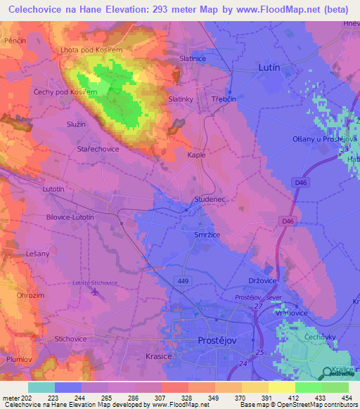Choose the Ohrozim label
pyautogui.click(x=30, y=295)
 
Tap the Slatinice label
pyautogui.click(x=193, y=58)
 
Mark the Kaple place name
pyautogui.click(x=196, y=154)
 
